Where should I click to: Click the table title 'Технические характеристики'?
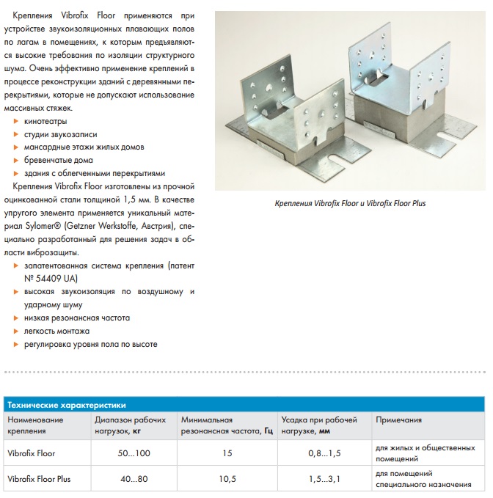point(66,405)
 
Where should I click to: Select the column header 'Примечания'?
point(398,420)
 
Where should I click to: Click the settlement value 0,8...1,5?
point(324,453)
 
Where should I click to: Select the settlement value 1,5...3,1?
point(324,480)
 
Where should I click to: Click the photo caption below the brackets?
point(349,203)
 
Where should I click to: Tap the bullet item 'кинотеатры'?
point(45,121)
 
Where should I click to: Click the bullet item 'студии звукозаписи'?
point(60,134)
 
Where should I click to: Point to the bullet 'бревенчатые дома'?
point(59,161)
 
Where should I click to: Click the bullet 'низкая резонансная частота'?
point(76,318)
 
